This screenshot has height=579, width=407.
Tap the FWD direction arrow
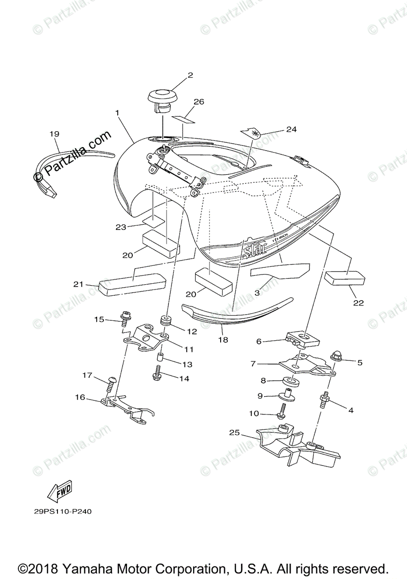60,490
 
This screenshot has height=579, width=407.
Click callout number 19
54,134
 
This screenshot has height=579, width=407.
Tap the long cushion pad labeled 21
131,284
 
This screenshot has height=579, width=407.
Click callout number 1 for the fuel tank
117,112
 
